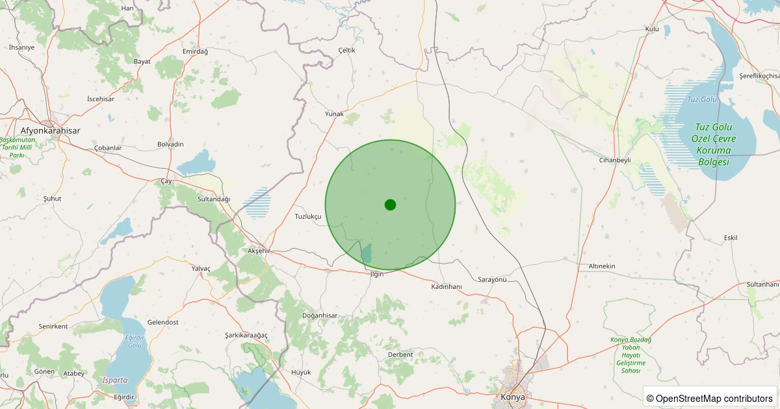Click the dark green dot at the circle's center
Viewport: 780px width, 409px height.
[390, 204]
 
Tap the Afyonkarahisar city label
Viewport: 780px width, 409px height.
[50, 130]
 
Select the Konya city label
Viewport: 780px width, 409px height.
[513, 396]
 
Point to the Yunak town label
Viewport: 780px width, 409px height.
[334, 114]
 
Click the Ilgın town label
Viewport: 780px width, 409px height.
[377, 274]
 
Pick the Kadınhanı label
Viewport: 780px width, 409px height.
[447, 286]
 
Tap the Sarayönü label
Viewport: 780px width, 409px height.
[492, 279]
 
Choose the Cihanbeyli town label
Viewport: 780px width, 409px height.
[615, 160]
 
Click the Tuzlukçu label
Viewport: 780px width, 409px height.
[308, 216]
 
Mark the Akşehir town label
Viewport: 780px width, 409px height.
[259, 251]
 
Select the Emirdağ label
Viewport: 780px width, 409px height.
[195, 51]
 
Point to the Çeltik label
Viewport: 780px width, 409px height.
[347, 50]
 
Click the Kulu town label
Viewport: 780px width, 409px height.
[652, 29]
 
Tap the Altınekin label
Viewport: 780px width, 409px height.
[602, 266]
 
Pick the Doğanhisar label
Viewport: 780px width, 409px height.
[320, 316]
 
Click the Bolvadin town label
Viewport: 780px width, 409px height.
[170, 144]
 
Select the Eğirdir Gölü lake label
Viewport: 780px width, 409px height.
[135, 341]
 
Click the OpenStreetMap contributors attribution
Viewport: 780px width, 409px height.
[710, 398]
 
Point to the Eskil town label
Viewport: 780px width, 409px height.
[731, 238]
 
